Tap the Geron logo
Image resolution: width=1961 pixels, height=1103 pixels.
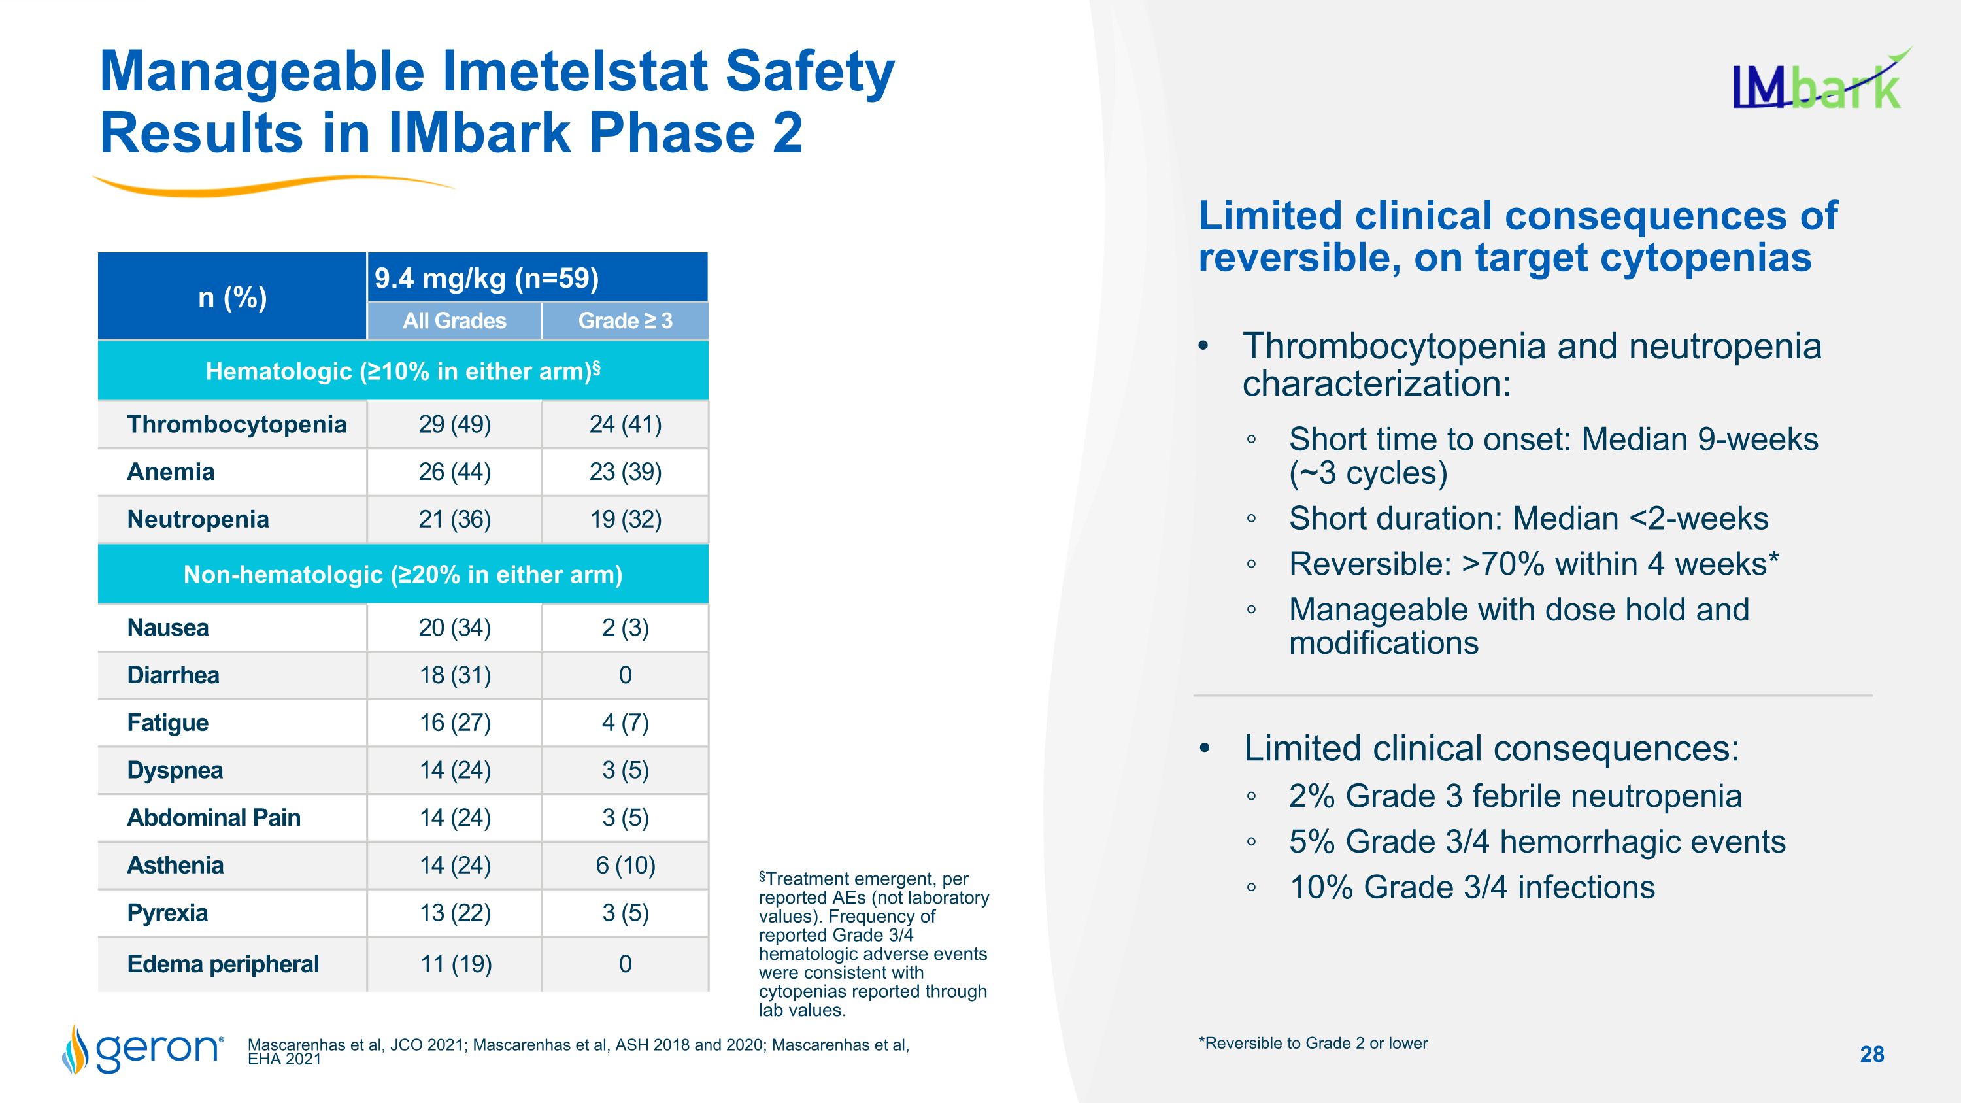coord(143,1049)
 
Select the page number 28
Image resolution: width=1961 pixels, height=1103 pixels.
coord(1871,1054)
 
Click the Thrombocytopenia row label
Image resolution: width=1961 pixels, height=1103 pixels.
coord(236,424)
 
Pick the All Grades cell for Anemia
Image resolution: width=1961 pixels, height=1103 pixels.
coord(454,472)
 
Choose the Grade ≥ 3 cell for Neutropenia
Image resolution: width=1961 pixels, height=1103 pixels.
coord(625,519)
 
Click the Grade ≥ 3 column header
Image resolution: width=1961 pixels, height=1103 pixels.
coord(625,320)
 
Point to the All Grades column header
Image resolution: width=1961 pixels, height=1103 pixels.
coord(454,320)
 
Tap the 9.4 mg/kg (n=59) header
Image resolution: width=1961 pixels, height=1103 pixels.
coord(486,279)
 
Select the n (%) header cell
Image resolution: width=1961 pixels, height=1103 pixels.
coord(232,297)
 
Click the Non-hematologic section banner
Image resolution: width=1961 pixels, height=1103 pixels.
coord(403,574)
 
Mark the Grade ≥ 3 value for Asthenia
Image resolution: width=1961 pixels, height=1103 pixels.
coord(625,866)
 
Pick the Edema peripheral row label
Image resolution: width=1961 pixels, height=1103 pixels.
coord(222,964)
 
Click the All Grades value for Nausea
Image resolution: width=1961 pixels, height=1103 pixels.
coord(454,628)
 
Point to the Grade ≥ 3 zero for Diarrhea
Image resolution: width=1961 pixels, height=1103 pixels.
coord(625,675)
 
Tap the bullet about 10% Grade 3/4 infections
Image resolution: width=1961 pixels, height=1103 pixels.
coord(1471,888)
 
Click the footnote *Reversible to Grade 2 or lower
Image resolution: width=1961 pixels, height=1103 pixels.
coord(1313,1044)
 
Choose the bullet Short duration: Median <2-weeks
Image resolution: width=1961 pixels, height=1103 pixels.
coord(1528,518)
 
